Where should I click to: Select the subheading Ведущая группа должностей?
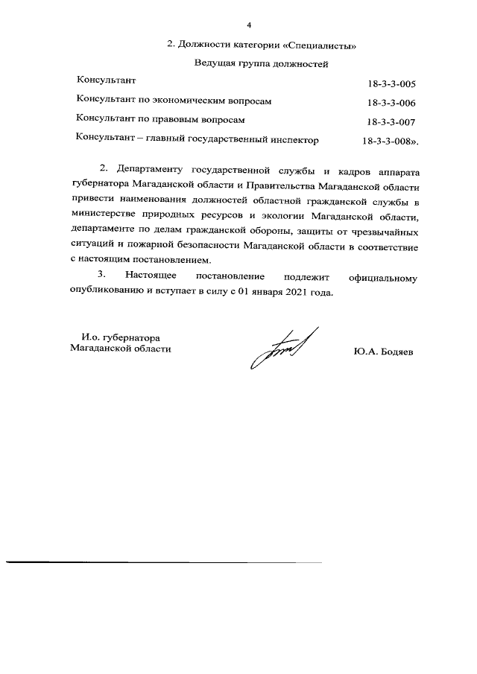tap(261, 65)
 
